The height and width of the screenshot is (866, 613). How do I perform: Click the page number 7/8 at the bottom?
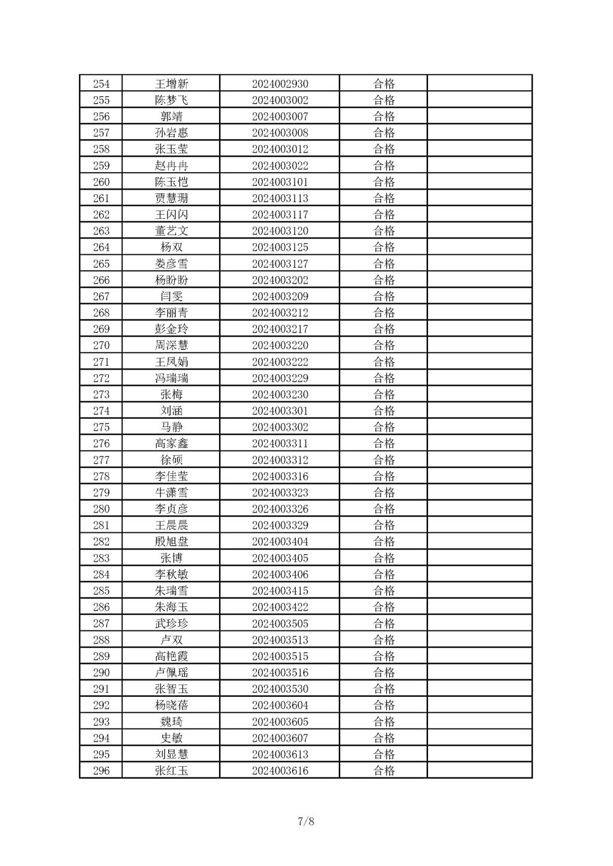pyautogui.click(x=306, y=821)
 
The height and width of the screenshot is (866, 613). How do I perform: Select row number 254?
pyautogui.click(x=101, y=84)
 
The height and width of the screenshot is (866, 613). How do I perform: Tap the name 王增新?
pyautogui.click(x=171, y=84)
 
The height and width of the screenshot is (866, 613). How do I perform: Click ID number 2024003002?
pyautogui.click(x=280, y=100)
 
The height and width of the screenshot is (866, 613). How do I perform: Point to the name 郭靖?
pyautogui.click(x=171, y=117)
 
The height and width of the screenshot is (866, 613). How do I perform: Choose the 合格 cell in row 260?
pyautogui.click(x=384, y=182)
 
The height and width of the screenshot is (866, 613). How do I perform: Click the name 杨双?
pyautogui.click(x=171, y=247)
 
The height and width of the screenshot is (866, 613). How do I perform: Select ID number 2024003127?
pyautogui.click(x=280, y=264)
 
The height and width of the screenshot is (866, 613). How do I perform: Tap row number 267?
pyautogui.click(x=101, y=296)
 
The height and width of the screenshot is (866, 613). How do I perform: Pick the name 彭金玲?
pyautogui.click(x=171, y=329)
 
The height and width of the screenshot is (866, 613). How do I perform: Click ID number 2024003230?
pyautogui.click(x=280, y=394)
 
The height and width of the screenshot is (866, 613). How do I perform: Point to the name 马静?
pyautogui.click(x=171, y=427)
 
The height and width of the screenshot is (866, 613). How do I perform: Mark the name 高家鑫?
pyautogui.click(x=171, y=443)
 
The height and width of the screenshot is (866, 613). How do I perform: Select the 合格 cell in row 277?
pyautogui.click(x=384, y=460)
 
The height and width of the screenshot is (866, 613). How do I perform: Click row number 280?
pyautogui.click(x=101, y=509)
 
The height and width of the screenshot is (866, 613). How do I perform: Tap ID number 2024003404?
pyautogui.click(x=280, y=541)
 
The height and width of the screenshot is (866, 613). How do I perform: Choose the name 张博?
pyautogui.click(x=171, y=558)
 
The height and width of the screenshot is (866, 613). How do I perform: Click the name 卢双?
pyautogui.click(x=171, y=640)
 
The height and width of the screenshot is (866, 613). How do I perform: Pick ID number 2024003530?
pyautogui.click(x=280, y=689)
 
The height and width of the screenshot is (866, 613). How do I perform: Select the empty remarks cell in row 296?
pyautogui.click(x=480, y=770)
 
